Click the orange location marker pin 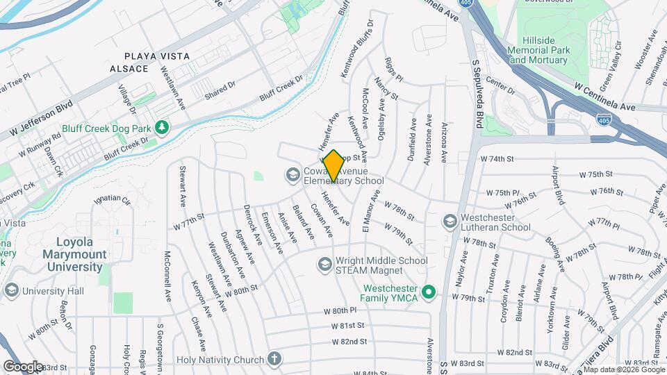333,166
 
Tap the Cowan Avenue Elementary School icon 293,174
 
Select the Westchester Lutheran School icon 450,222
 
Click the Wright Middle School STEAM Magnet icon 324,265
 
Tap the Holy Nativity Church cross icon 274,360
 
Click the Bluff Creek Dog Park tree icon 161,128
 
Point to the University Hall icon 11,290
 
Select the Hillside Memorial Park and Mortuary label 538,50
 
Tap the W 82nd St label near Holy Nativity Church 349,342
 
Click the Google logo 23,366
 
